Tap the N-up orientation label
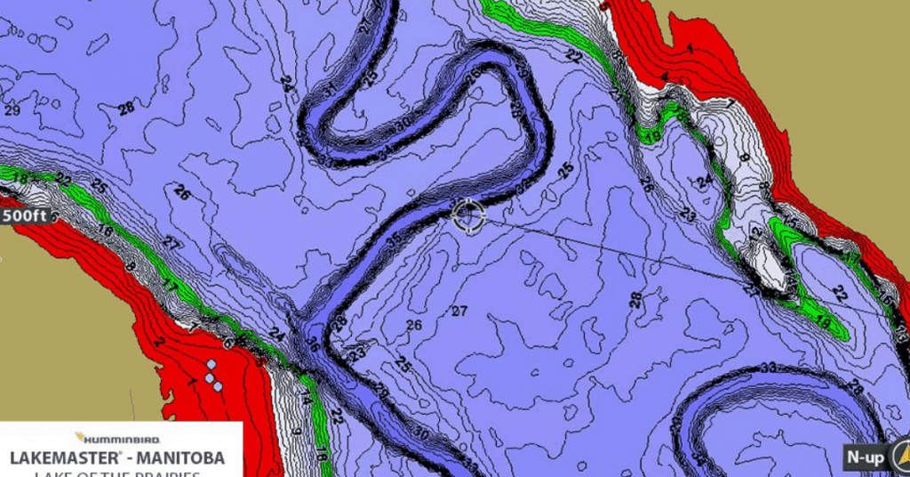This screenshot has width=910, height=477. pos(864,457)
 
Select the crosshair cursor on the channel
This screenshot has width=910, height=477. pos(468,214)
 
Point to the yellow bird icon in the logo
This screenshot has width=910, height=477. pos(79,438)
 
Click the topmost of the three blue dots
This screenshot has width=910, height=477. pos(212,366)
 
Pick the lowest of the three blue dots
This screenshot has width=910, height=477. pos(218,386)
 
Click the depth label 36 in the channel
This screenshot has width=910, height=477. pos(314,343)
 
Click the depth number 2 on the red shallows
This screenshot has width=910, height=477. pos(160,342)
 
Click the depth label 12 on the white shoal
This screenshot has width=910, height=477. pos(756,233)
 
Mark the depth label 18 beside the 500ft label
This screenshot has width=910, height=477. pos(20,178)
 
